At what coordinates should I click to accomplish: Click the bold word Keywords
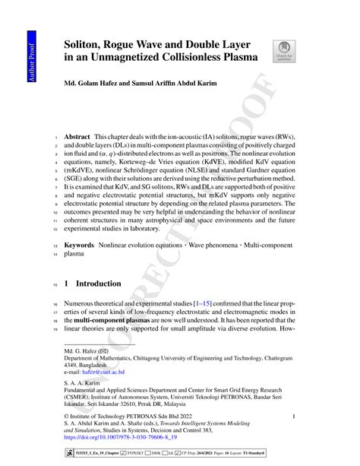click(x=80, y=246)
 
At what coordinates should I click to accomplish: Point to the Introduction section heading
click(x=104, y=284)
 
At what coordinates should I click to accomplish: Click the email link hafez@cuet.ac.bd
click(x=103, y=372)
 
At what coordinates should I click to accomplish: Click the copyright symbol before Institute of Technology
click(x=67, y=417)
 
